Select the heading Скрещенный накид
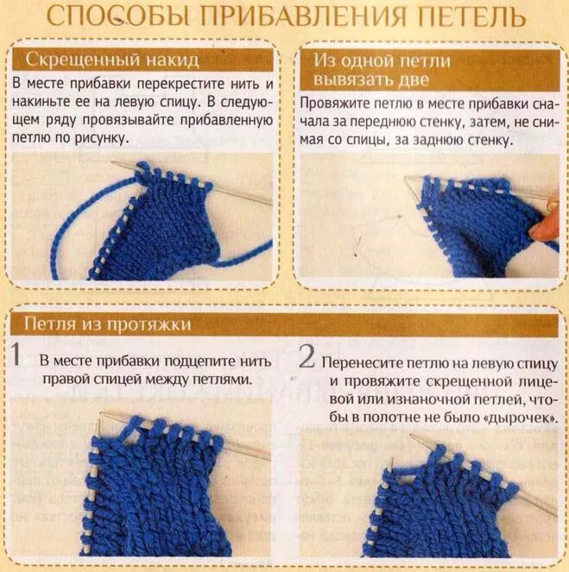[x=112, y=60]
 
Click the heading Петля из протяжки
[x=108, y=324]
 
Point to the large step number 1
[x=16, y=354]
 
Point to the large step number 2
[x=307, y=356]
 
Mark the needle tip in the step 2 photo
[x=412, y=436]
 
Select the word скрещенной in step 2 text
[x=469, y=381]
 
